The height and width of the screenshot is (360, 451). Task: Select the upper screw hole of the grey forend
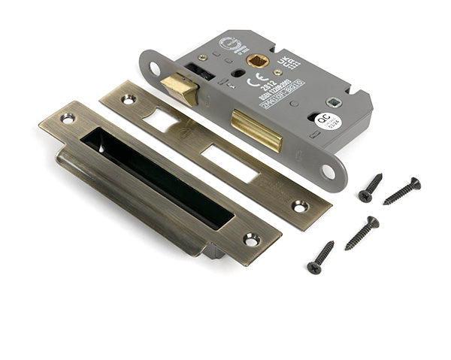tap(155, 68)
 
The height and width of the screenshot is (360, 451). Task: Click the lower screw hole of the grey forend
tap(328, 171)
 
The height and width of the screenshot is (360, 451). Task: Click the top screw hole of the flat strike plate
tap(128, 98)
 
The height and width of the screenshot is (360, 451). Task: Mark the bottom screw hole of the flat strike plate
tap(300, 205)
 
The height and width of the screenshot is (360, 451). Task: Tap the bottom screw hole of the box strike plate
tap(251, 240)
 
